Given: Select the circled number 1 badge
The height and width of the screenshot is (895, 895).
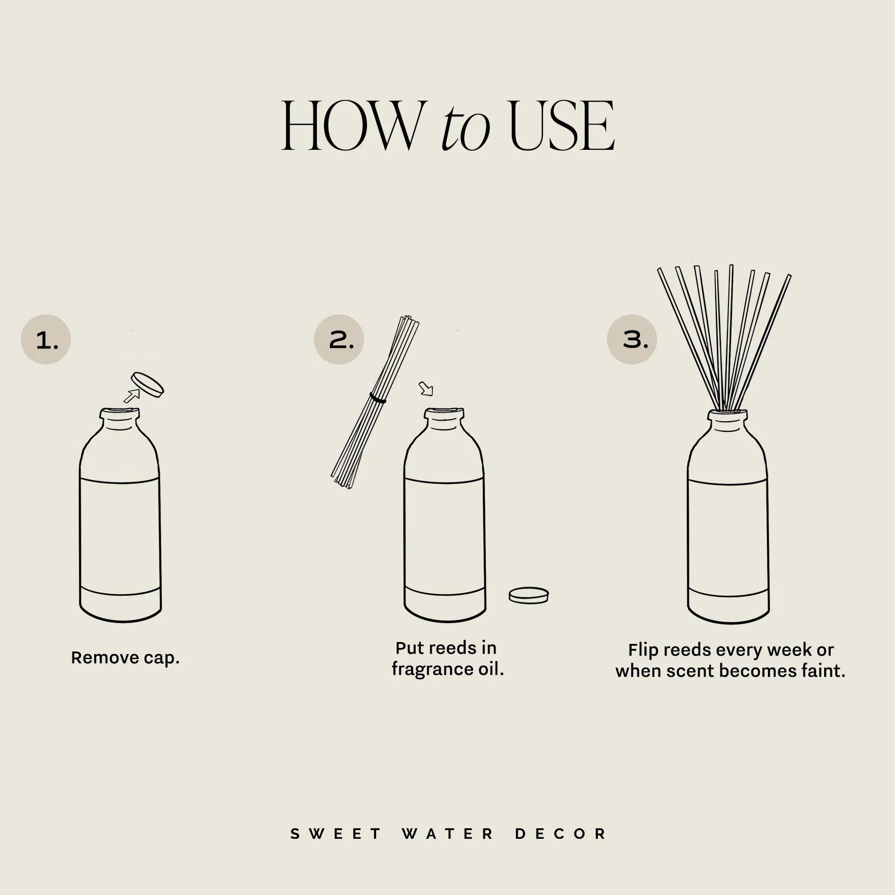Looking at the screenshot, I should (x=46, y=340).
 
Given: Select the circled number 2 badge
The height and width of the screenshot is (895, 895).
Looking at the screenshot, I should (x=339, y=340).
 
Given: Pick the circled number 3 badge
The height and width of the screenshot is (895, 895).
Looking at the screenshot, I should (x=632, y=340).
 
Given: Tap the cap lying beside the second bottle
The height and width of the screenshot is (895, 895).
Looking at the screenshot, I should (x=528, y=595).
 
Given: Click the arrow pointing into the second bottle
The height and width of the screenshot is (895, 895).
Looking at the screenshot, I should (x=426, y=389).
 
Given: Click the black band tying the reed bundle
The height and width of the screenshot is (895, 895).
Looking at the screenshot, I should (x=378, y=398).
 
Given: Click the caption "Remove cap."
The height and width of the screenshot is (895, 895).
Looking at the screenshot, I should (x=125, y=658).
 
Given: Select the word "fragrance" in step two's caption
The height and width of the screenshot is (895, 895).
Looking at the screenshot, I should (x=433, y=669).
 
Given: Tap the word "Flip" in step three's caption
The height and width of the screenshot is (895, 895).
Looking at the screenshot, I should (x=642, y=650).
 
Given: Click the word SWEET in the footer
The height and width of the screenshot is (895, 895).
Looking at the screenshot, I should (x=336, y=834).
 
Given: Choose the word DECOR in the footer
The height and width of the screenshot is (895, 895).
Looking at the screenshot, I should (x=561, y=834).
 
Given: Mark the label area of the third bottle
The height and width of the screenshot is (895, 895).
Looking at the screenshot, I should (x=727, y=537).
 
